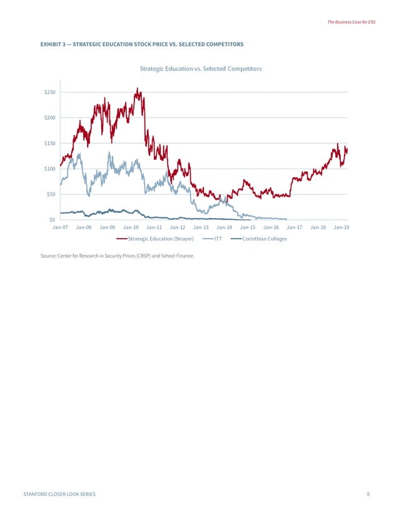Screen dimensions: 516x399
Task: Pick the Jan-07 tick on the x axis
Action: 60,228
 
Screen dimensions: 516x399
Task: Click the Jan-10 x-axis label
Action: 131,228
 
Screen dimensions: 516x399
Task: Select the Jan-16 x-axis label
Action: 271,228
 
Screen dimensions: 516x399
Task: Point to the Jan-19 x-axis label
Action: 341,228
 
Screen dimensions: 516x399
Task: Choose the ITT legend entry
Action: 218,239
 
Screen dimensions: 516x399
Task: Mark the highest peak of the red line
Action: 138,89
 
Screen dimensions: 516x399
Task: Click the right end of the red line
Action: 346,149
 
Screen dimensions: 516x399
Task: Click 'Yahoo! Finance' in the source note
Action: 176,256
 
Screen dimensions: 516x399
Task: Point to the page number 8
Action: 368,494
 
